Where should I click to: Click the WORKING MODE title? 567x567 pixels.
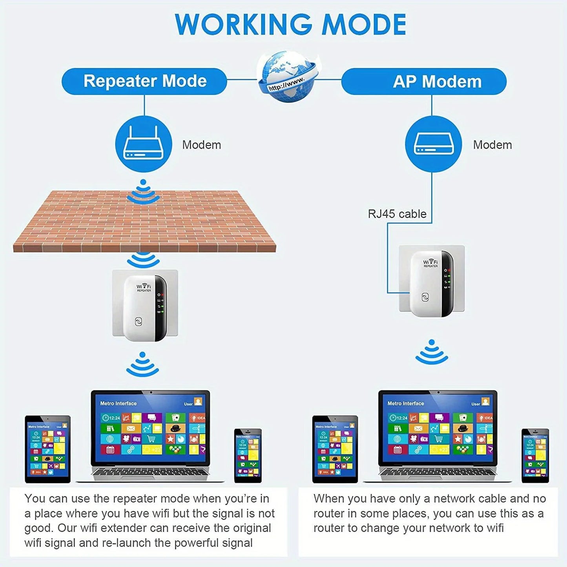point(290,25)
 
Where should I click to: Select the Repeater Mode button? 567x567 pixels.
point(144,81)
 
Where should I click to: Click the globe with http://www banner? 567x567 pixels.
point(288,77)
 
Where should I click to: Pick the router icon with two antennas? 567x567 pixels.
point(144,144)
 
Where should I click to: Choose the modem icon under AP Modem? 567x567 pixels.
point(433,144)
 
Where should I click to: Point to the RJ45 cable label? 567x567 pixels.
point(397,214)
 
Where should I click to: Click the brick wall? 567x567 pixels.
point(144,222)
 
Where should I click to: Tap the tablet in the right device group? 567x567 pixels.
point(335,448)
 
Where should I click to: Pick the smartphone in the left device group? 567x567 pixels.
point(248,455)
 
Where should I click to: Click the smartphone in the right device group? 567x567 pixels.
point(535,455)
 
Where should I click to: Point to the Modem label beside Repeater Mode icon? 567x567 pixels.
point(201,145)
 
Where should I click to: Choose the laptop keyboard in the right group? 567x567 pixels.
point(438,474)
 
